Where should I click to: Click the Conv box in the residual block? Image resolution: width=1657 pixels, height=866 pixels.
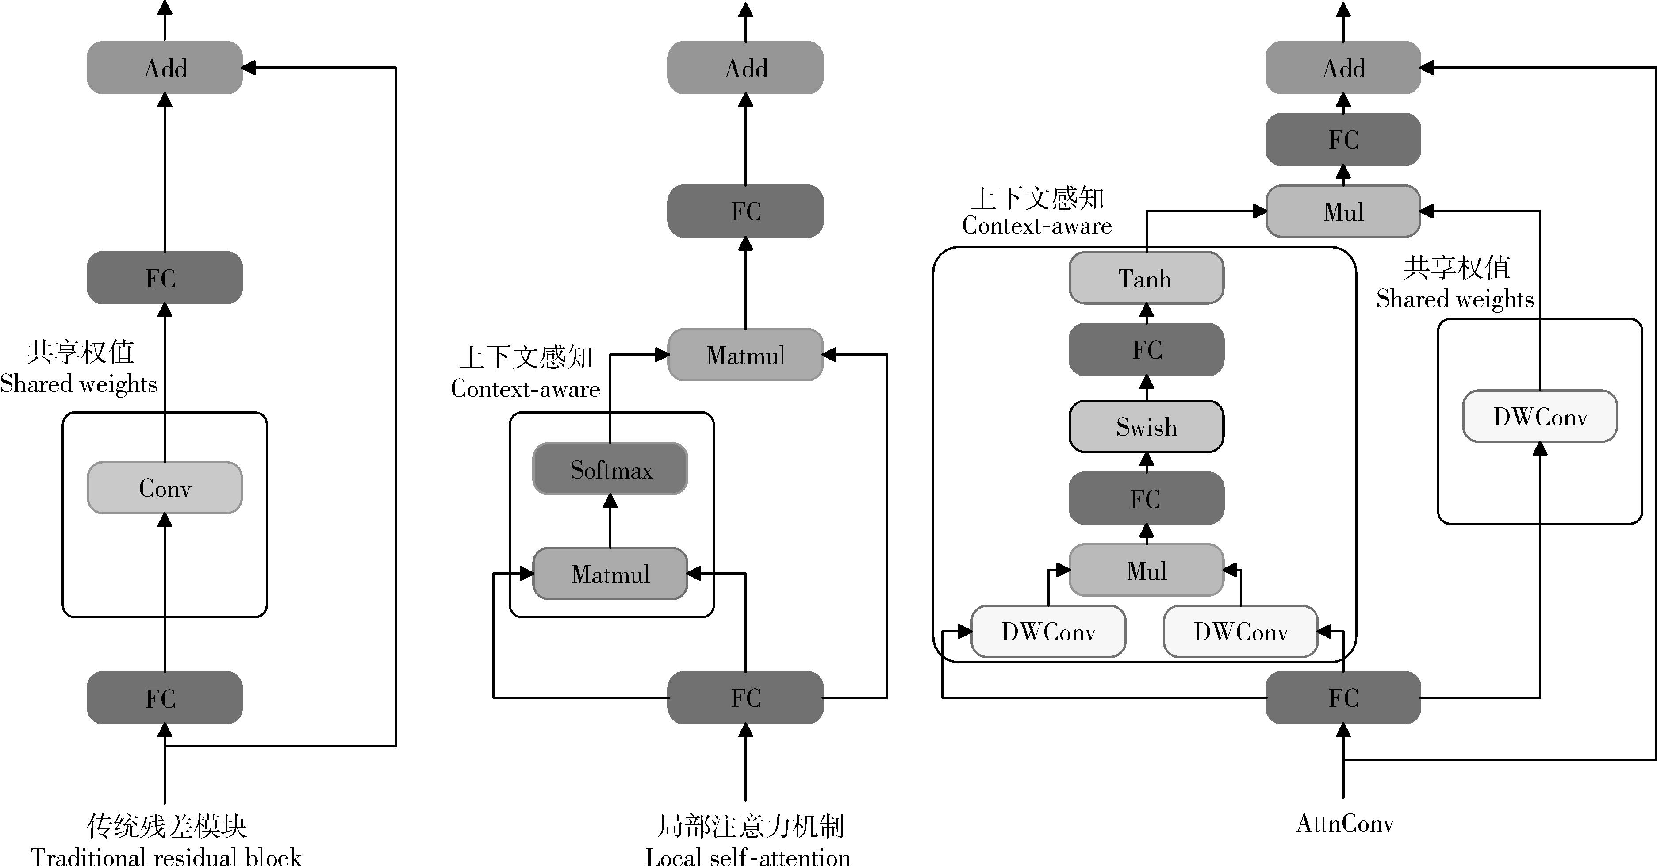[165, 488]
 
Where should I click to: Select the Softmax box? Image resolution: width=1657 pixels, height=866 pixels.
[610, 469]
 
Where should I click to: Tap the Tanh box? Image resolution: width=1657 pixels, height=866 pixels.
[1146, 279]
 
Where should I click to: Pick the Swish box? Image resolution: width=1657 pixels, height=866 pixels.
[1146, 426]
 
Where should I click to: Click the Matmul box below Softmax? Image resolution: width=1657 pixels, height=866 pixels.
[610, 573]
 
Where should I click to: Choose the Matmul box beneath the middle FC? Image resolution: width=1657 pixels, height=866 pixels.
[745, 355]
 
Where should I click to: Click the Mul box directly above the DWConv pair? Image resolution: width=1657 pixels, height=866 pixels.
[1146, 570]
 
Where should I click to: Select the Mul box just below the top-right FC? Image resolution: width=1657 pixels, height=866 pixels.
[1343, 211]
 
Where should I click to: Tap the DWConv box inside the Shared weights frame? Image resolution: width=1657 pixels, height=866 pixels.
[1540, 416]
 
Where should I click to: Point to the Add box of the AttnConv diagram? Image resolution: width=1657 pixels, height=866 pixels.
[1343, 68]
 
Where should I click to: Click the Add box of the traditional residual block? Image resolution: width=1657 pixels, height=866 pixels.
[165, 68]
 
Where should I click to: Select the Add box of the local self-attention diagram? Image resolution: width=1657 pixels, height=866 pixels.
[745, 68]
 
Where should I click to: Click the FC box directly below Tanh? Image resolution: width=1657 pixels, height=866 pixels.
[1146, 349]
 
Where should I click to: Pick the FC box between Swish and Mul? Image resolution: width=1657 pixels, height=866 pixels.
[1146, 498]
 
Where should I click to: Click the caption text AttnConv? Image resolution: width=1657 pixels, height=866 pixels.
[1344, 824]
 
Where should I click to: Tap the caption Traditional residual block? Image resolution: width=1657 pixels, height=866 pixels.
[166, 856]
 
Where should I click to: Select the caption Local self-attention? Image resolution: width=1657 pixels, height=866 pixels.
[748, 856]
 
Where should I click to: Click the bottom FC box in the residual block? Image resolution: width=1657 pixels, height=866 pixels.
[165, 698]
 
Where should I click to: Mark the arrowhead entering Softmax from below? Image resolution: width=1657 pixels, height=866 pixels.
[610, 501]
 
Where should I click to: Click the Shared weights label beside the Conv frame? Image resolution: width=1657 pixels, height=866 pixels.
[78, 383]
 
